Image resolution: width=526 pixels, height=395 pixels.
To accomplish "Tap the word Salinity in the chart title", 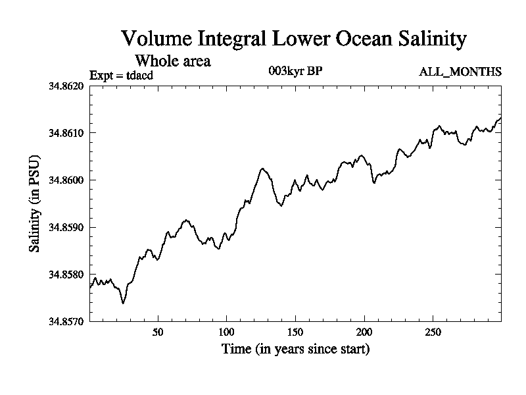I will pos(429,38).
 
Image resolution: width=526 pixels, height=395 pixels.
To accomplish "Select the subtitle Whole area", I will pos(172,61).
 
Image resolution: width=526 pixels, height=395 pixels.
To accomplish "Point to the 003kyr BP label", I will pos(295,71).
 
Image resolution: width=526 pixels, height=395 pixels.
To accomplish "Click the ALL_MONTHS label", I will pos(460,72).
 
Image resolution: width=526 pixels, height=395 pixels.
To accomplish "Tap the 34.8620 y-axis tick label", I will pos(66,86).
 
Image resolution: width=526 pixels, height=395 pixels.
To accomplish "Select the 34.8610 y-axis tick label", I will pos(66,133).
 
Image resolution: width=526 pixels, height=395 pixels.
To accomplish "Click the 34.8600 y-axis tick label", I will pos(66,180).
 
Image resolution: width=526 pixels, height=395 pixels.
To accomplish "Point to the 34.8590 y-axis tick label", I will pos(66,227).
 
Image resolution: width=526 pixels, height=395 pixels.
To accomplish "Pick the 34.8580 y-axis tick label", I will pos(66,275).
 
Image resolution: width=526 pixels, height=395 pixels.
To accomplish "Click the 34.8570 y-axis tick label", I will pos(66,321).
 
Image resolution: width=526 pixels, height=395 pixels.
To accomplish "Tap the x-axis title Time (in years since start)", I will pos(295,348).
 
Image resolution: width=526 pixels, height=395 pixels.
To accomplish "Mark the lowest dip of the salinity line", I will pos(123,303).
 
